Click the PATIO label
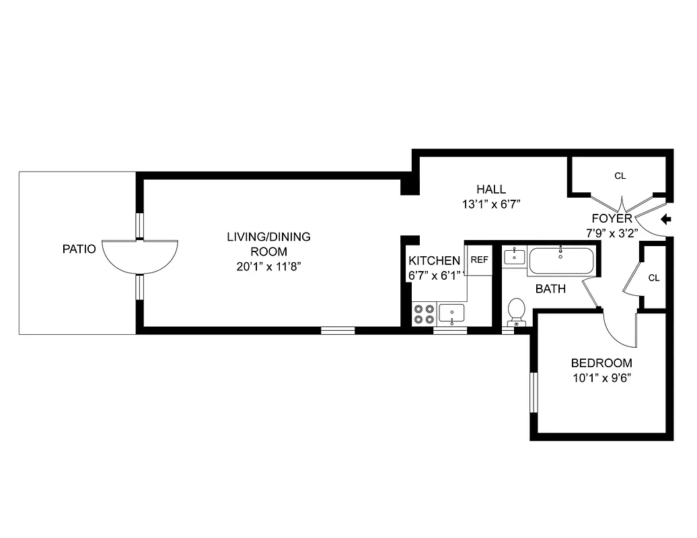coord(79,249)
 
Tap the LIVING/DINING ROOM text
coord(268,243)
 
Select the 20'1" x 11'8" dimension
coord(268,266)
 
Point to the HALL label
coord(491,189)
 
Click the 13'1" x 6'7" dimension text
coord(492,204)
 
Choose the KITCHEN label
coord(434,261)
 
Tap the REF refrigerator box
coord(479,260)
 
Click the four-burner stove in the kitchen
coord(424,314)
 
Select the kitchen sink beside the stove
coord(451,313)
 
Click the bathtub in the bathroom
coord(561,261)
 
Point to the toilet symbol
coord(516,311)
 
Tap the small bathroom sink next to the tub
coord(515,256)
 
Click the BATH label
coord(550,289)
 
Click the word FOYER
coord(612,219)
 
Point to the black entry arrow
coord(667,219)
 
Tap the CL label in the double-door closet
coord(620,176)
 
